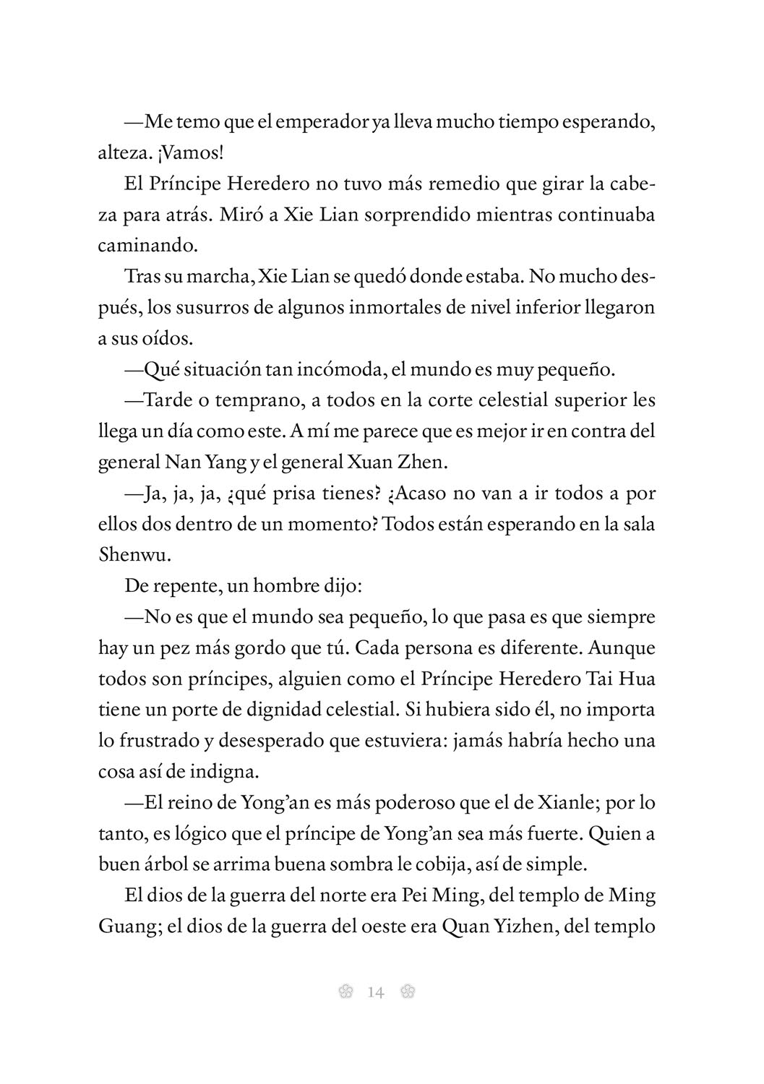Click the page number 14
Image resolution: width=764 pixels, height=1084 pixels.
[376, 992]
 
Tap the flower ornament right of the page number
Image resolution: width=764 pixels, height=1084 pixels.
[407, 992]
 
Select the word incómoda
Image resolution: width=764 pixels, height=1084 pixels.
[347, 370]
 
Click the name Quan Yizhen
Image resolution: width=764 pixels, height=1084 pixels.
[502, 926]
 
